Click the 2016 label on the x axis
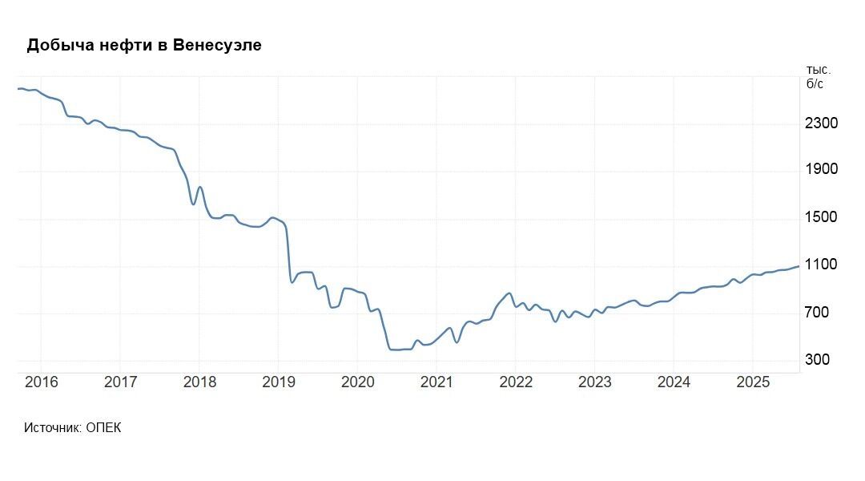[42, 382]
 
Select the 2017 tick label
[120, 382]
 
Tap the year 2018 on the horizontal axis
[199, 382]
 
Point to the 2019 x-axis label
[279, 382]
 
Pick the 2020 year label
[357, 382]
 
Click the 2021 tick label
[437, 382]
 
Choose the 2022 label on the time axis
[516, 382]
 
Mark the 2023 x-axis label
[594, 382]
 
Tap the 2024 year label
[674, 382]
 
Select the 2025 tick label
[753, 382]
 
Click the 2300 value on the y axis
[822, 123]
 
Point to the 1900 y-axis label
[822, 170]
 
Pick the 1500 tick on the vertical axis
[822, 217]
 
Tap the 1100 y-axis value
[822, 265]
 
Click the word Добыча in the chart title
[56, 45]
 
